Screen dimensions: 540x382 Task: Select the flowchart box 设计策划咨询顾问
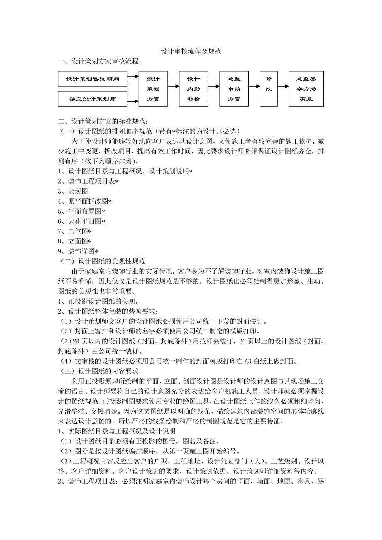coord(92,79)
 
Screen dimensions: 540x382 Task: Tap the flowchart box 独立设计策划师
coord(92,99)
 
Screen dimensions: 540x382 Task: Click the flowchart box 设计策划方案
coord(153,89)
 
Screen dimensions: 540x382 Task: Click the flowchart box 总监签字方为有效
coord(306,89)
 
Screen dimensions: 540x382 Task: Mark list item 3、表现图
coord(73,191)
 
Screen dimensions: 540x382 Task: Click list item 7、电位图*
coord(74,231)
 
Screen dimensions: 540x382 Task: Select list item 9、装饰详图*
coord(78,251)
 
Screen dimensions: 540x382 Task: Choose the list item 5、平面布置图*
coord(81,211)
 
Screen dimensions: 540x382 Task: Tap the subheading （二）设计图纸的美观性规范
coord(101,261)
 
